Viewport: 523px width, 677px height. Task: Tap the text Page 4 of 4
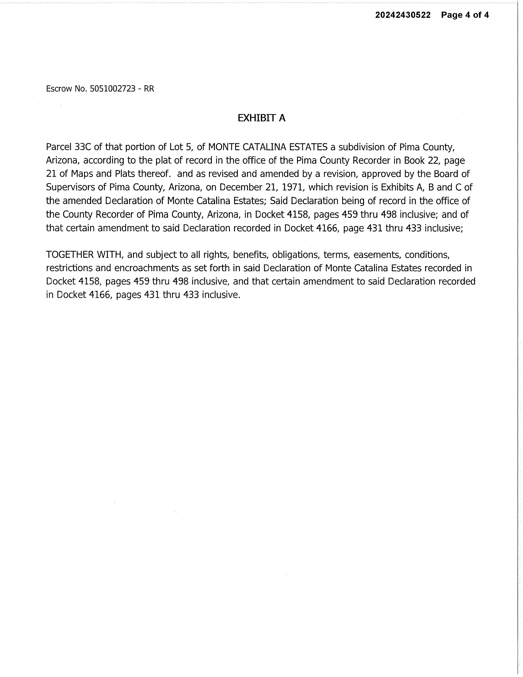point(465,15)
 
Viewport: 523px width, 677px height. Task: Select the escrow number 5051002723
point(113,89)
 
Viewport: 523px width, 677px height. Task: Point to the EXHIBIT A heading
point(261,118)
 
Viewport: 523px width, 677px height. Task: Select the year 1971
point(290,187)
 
